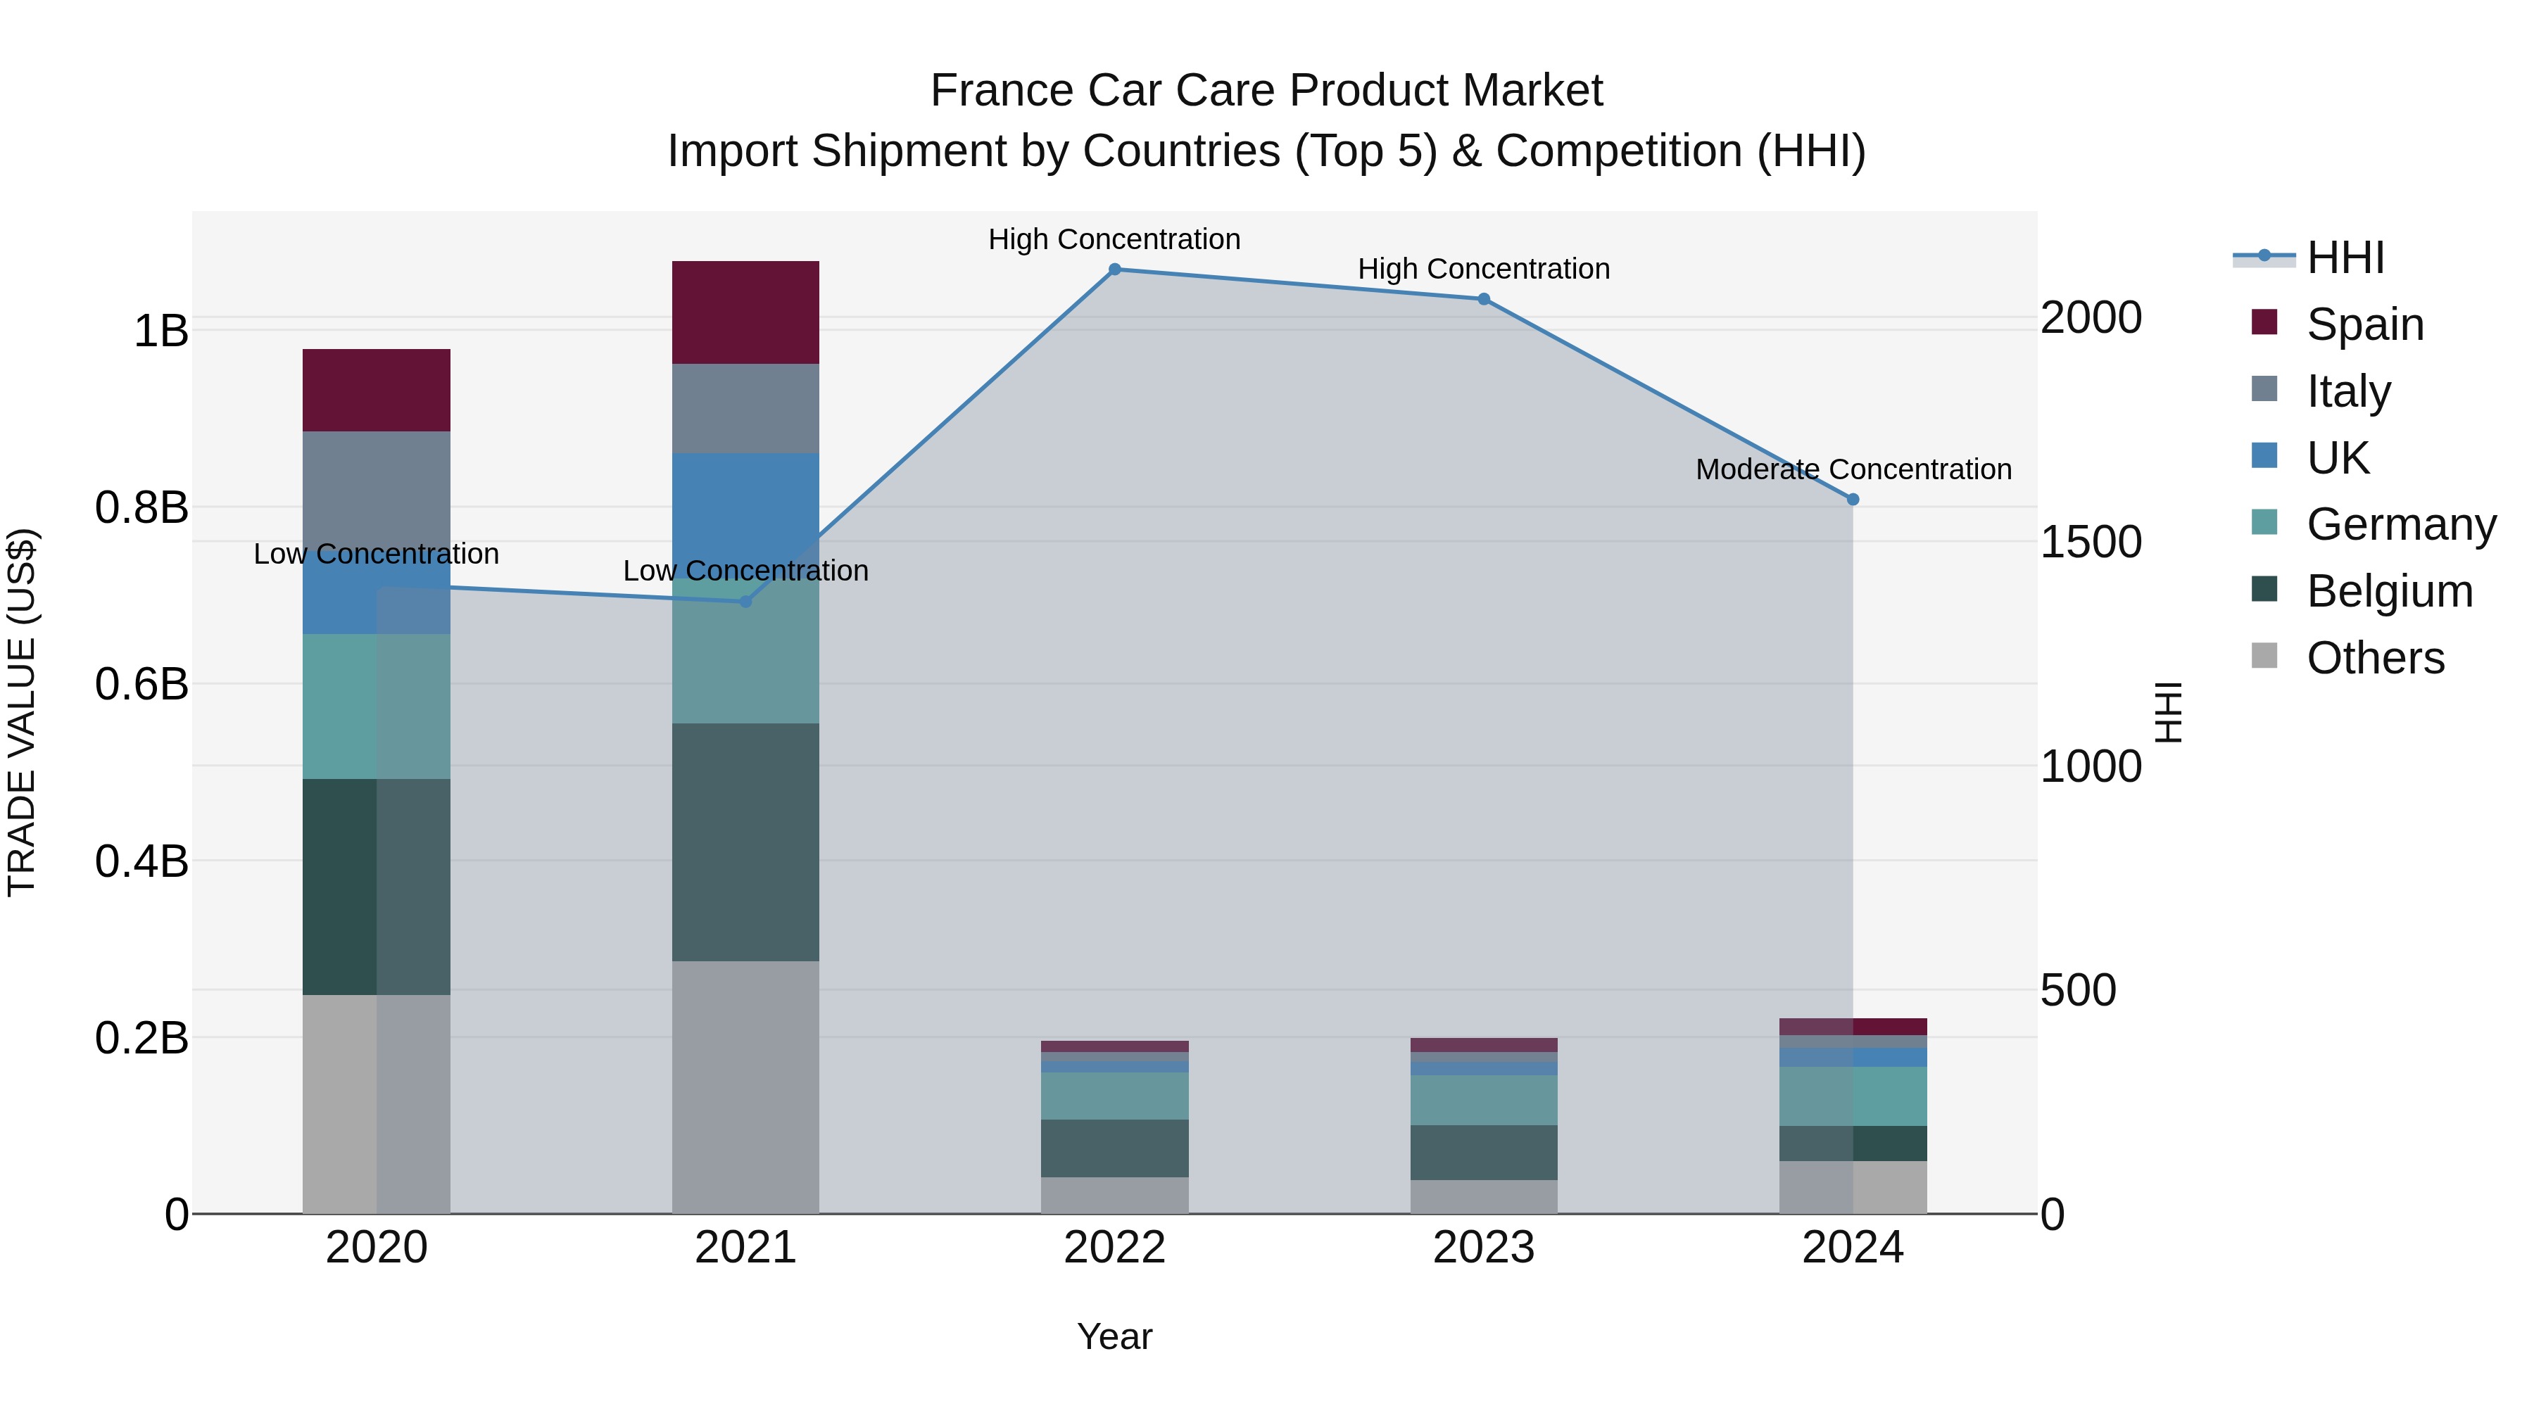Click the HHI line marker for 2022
coord(1114,270)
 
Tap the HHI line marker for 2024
coord(1853,500)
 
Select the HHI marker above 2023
coord(1483,299)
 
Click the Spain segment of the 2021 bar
coord(745,312)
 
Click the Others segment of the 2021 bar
coord(745,1087)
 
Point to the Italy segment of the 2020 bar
coord(376,492)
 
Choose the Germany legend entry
coord(2400,524)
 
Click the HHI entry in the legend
coord(2344,258)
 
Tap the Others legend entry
coord(2375,658)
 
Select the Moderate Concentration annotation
coord(1853,470)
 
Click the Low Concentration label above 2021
coord(745,571)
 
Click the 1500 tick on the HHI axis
coord(2091,542)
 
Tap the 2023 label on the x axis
coord(1483,1248)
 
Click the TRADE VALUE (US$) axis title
coord(22,712)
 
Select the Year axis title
coord(1114,1336)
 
